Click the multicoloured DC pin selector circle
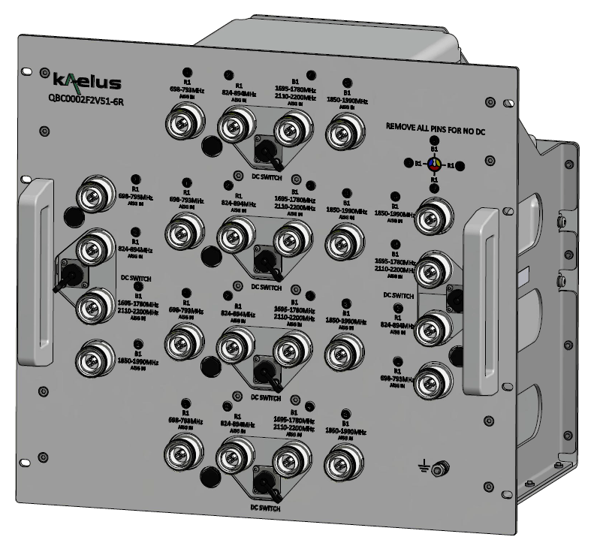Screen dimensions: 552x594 tap(434, 163)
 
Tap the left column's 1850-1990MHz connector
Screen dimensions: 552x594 tap(97, 355)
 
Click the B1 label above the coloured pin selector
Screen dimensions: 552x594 tap(434, 149)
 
